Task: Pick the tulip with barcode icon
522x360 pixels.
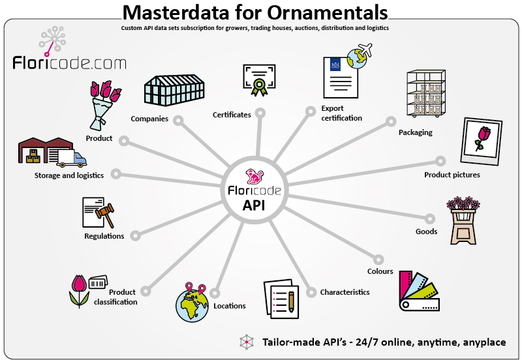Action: click(87, 290)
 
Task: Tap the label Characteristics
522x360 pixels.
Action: click(345, 292)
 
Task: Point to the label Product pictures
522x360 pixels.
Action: click(452, 175)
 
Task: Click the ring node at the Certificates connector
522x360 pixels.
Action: click(260, 113)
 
